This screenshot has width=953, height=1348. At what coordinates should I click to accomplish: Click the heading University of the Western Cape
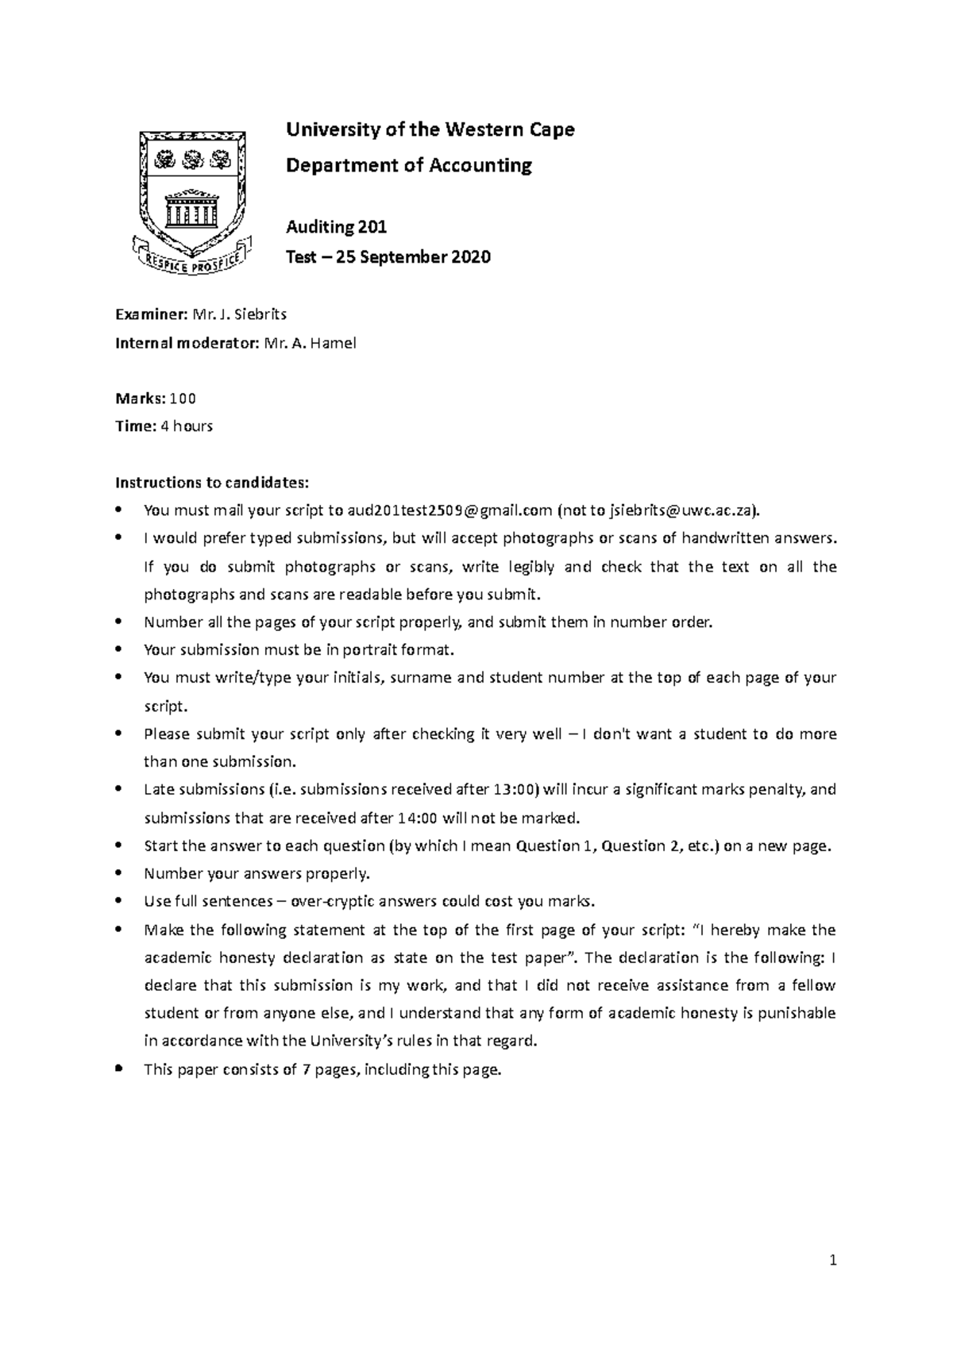tap(430, 129)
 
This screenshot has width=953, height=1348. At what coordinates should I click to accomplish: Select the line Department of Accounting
tap(408, 165)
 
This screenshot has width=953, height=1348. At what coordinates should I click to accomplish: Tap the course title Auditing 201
tap(336, 228)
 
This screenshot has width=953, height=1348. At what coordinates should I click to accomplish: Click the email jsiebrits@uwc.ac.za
tap(682, 510)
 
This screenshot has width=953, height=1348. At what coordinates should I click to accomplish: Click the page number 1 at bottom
tap(833, 1260)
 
